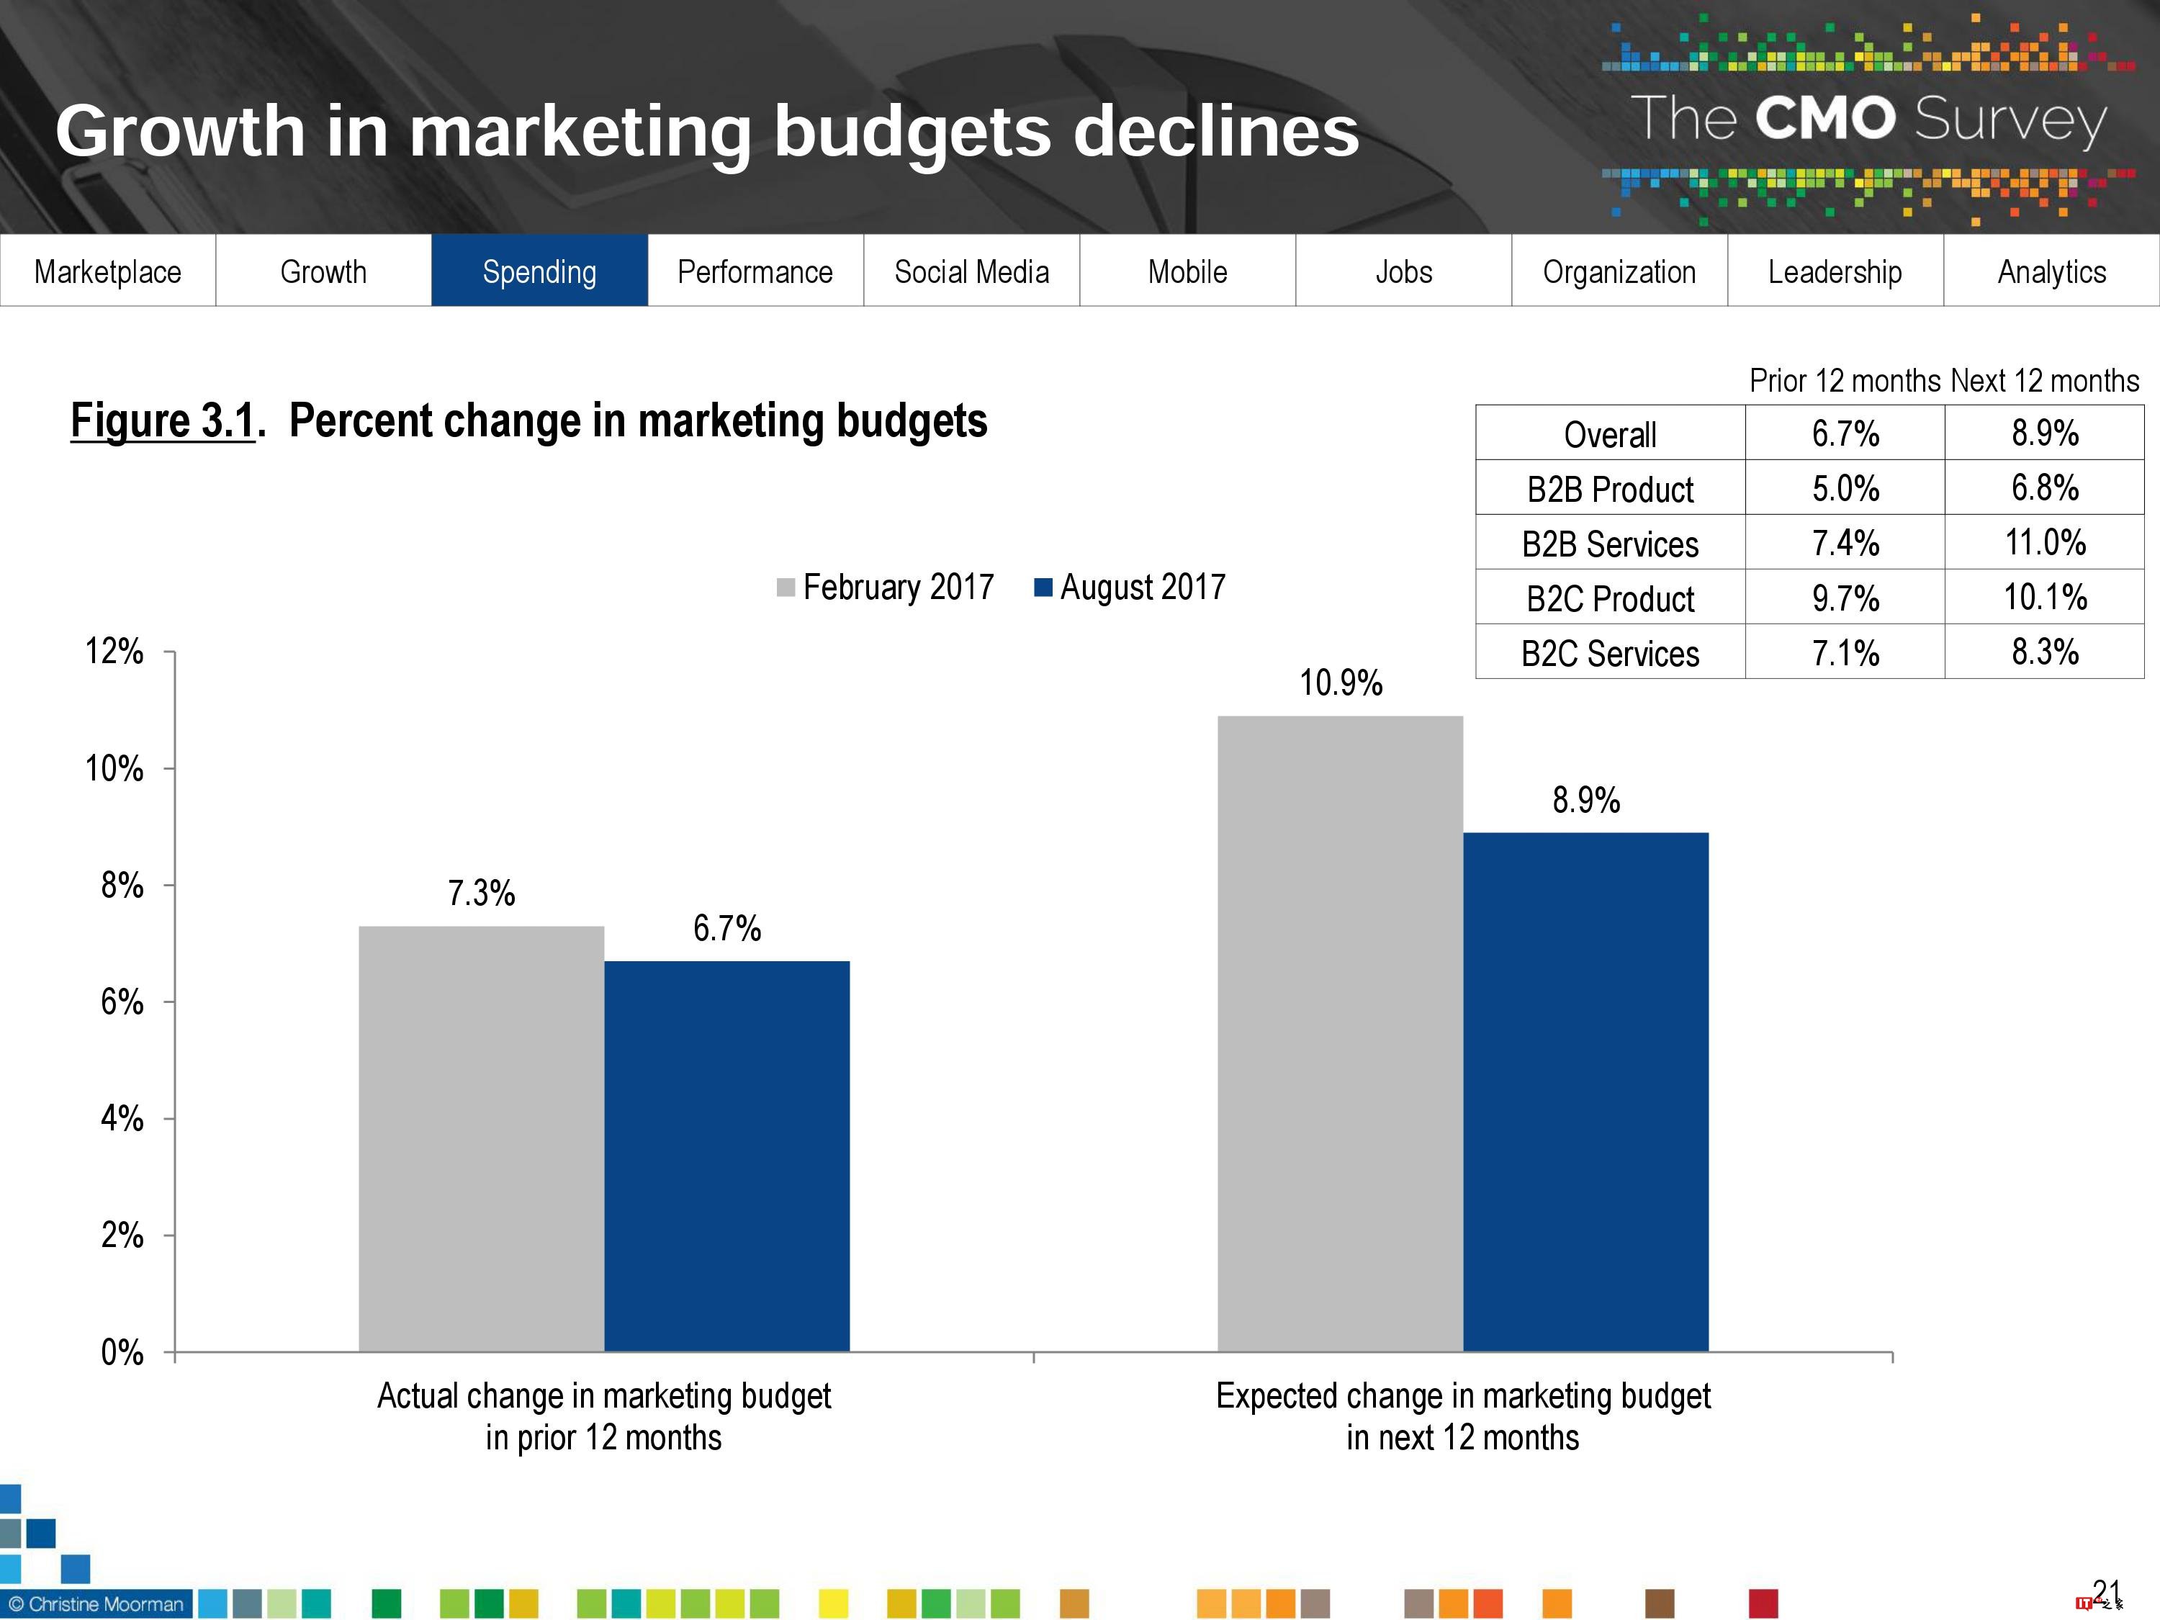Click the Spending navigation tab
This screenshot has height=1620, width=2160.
[x=539, y=271]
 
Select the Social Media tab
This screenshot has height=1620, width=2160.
[x=971, y=271]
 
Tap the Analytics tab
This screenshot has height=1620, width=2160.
[x=2051, y=271]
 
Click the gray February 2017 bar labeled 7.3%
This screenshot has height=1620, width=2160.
[x=482, y=1138]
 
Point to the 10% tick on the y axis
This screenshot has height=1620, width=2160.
[x=114, y=768]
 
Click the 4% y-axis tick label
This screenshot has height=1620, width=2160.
[x=122, y=1118]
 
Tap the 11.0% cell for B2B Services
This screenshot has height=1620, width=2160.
[x=2045, y=542]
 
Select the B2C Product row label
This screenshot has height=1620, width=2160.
[x=1610, y=598]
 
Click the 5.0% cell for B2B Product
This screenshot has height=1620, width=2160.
[x=1845, y=487]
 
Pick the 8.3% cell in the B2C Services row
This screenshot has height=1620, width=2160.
[x=2045, y=652]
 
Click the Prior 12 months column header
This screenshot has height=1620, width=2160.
[x=1845, y=380]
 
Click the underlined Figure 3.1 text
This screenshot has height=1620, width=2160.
[x=163, y=421]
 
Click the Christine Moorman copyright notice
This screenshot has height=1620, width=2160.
[x=96, y=1603]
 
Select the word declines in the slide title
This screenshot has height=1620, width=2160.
[x=1216, y=131]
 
